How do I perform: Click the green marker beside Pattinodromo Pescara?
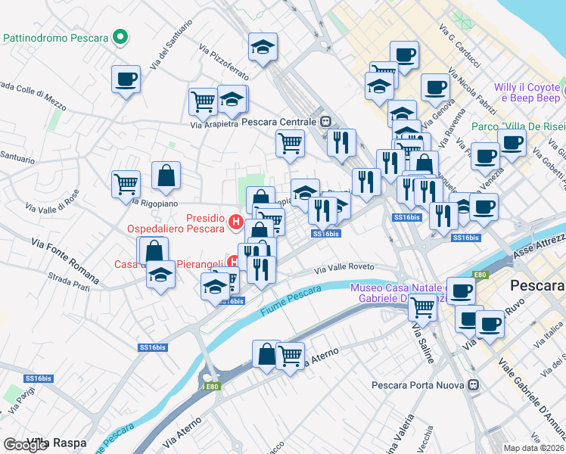pos(119,37)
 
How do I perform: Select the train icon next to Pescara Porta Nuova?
pos(474,385)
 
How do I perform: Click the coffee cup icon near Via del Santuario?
pos(126,79)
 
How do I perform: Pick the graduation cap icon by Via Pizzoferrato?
pos(263,48)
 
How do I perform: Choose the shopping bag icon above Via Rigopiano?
pos(166,176)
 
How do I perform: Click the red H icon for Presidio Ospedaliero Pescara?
pos(235,222)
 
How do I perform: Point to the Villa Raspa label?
pos(57,442)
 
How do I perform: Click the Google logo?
pos(25,444)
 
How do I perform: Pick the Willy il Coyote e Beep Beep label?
pos(527,92)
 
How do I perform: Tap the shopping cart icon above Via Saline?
pos(422,306)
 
